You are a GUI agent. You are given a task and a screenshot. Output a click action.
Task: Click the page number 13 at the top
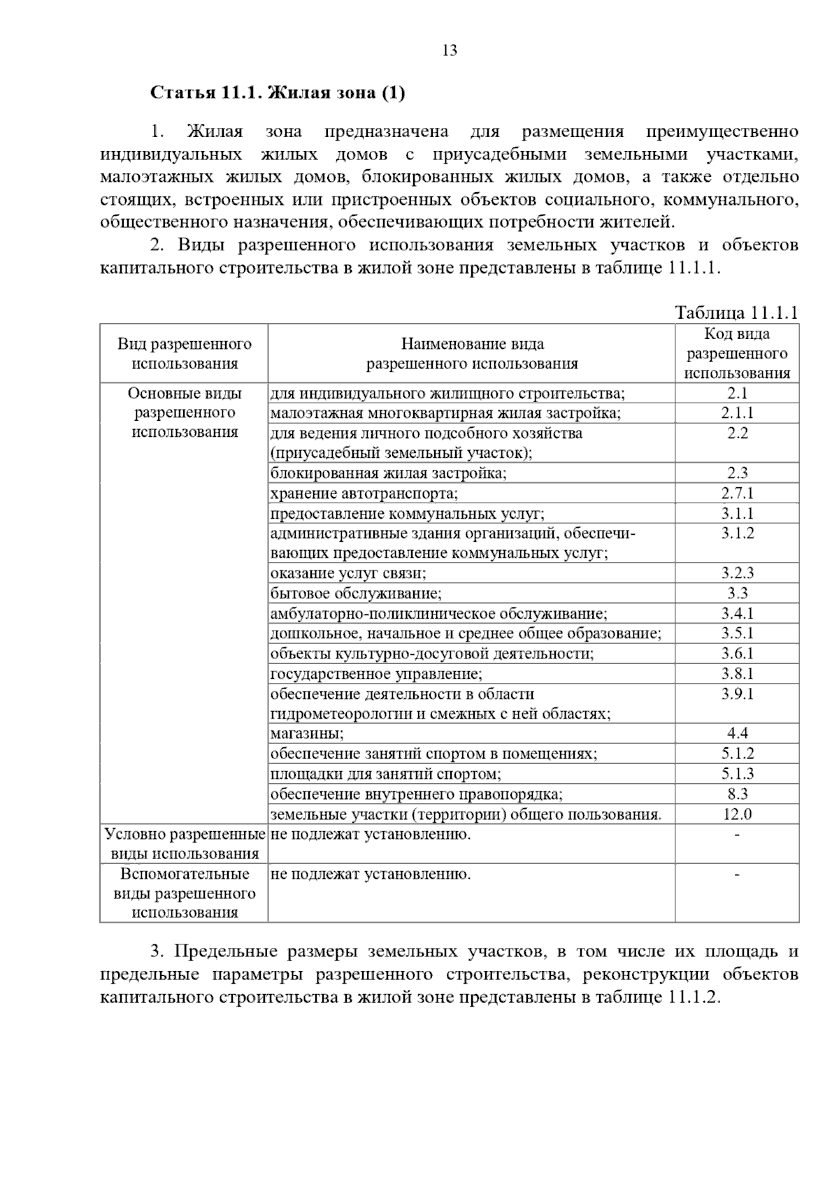450,50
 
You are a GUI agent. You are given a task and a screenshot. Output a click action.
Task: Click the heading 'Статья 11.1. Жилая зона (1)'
278,93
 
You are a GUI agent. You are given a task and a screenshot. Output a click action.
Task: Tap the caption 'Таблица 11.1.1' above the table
736,312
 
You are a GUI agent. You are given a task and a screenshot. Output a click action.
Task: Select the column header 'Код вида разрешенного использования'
737,353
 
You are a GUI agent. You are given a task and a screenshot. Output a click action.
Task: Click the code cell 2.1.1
737,413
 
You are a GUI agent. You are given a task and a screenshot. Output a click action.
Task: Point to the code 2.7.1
737,494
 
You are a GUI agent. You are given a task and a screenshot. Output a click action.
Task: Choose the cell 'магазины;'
307,733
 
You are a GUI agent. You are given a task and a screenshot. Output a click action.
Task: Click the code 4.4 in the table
737,733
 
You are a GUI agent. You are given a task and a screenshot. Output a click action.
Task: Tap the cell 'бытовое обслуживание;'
356,593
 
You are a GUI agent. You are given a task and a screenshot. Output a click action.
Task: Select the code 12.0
737,814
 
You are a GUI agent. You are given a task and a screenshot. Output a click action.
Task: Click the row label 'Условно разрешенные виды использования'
185,844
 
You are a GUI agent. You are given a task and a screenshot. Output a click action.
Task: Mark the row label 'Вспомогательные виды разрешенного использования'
185,893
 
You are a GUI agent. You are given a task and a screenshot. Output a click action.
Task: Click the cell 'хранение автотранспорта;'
364,494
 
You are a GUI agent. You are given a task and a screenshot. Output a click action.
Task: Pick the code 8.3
737,793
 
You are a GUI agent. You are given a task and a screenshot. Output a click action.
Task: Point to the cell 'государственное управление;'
376,674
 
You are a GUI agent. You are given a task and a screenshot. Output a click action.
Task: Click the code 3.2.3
737,573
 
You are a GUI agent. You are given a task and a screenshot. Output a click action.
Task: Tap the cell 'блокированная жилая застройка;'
389,473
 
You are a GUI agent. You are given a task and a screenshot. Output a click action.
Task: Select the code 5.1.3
737,774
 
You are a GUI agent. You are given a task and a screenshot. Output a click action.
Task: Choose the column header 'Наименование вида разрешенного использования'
472,353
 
